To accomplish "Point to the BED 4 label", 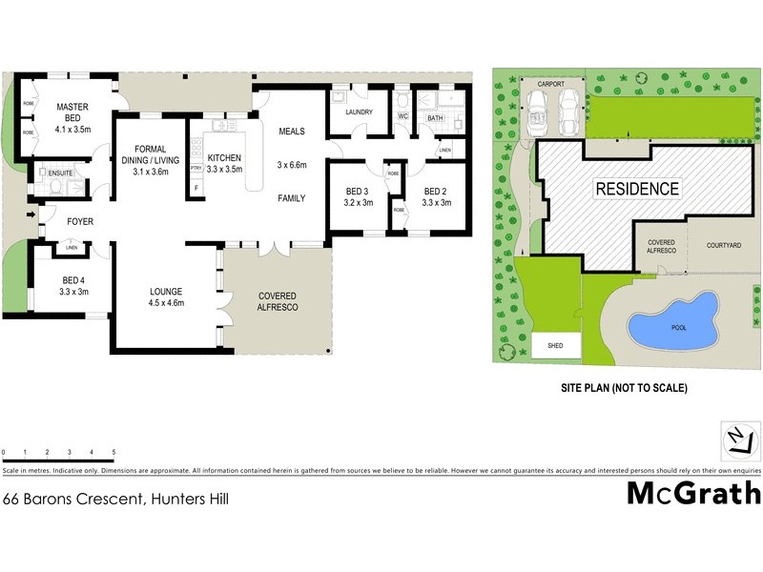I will pos(72,280).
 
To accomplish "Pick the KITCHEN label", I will pos(224,157).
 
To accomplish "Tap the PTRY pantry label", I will pos(196,169).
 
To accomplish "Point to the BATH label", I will pos(435,118).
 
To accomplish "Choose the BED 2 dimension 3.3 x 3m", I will pos(439,203).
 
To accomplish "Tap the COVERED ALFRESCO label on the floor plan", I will pos(278,301).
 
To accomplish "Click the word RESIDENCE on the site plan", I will pos(638,189).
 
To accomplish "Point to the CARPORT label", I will pos(552,84).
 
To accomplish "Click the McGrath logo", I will pos(693,493).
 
